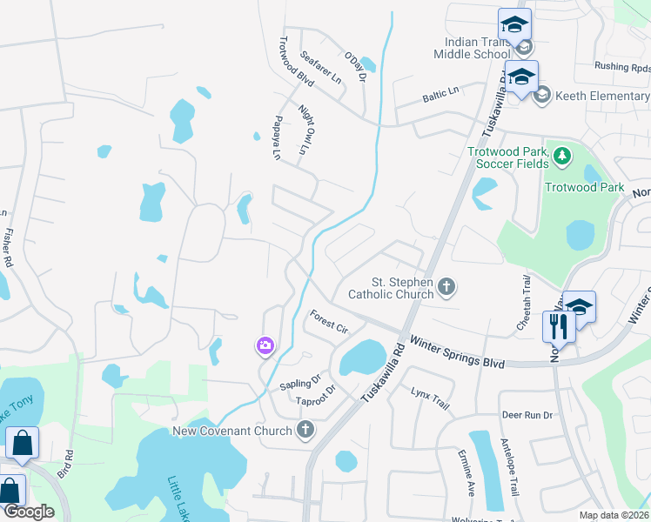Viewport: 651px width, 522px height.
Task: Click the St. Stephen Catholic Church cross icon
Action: coord(446,287)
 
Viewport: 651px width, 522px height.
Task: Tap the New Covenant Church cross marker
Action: coord(305,429)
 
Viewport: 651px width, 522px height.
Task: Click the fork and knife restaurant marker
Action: coord(556,326)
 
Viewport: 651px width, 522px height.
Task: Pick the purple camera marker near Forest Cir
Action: coord(265,346)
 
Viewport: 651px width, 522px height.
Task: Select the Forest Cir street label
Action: coord(329,323)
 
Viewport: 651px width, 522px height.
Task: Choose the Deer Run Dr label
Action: coord(527,415)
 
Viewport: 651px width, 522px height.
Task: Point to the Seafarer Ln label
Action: coord(320,66)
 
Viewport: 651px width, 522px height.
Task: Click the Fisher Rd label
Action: coord(8,247)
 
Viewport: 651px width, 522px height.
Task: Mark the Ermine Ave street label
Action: coord(466,472)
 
